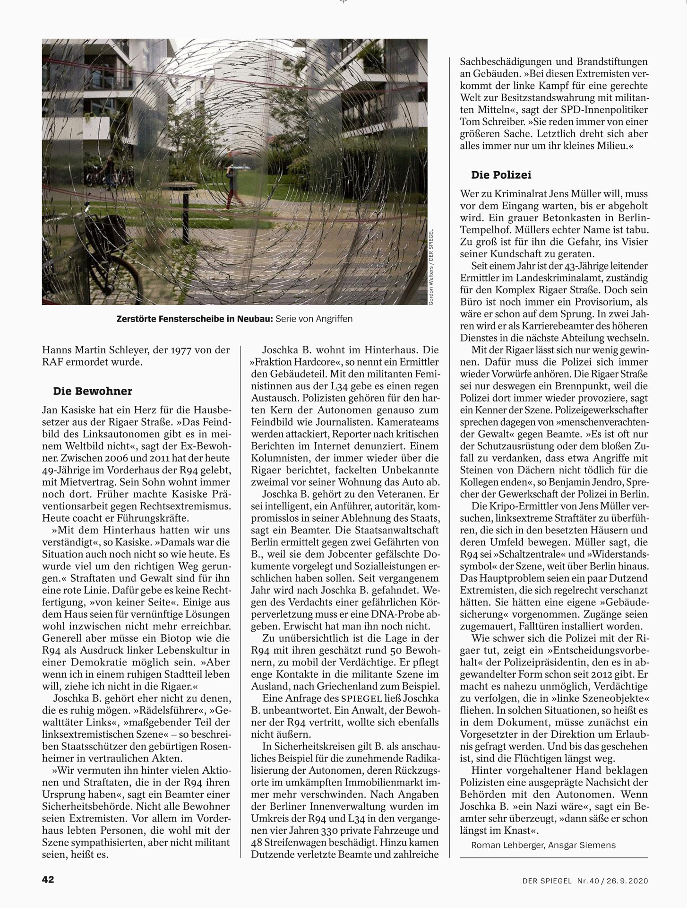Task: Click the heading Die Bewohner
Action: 93,391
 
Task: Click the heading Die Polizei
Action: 501,175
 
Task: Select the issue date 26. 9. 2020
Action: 625,881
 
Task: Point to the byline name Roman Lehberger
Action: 507,845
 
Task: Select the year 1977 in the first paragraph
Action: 181,350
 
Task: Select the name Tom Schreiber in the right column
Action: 496,110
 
